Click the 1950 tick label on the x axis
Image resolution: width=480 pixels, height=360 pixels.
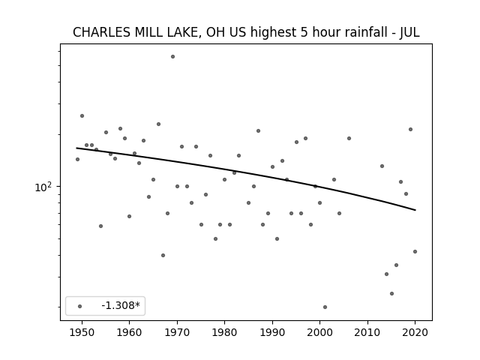[x=82, y=332]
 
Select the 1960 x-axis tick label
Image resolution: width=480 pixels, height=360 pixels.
[x=129, y=332]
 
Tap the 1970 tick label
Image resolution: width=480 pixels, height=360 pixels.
[x=177, y=332]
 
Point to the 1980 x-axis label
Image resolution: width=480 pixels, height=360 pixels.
[x=224, y=332]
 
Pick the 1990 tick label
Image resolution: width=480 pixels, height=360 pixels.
[x=272, y=332]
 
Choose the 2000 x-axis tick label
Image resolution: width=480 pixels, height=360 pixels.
[x=319, y=332]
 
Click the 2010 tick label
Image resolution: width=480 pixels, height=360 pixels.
[x=367, y=332]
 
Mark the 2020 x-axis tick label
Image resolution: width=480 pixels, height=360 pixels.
[x=415, y=332]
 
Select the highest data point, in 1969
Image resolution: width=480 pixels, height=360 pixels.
[x=172, y=57]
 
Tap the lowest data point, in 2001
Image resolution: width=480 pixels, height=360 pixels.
[x=325, y=307]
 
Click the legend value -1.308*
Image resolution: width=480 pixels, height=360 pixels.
[x=121, y=305]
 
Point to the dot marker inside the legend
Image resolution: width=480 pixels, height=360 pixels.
[x=79, y=306]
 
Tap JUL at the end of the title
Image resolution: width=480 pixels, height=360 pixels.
[x=409, y=32]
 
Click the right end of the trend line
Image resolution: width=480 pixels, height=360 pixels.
[x=415, y=210]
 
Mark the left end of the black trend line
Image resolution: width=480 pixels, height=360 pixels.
[x=76, y=148]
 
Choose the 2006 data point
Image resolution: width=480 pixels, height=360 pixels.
[x=349, y=138]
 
